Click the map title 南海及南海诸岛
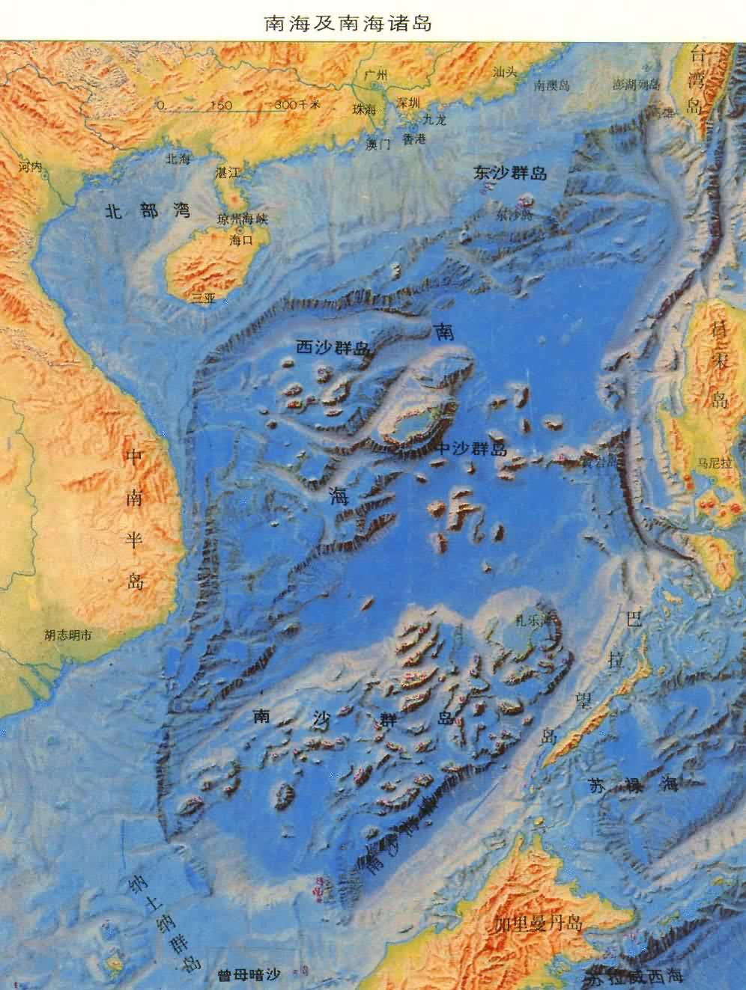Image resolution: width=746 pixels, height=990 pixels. (x=348, y=22)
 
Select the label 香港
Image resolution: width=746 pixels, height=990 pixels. (x=413, y=139)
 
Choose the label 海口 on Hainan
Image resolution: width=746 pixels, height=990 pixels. (x=243, y=241)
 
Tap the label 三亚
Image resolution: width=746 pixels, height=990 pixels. (x=202, y=298)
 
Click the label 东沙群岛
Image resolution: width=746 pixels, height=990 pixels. (x=509, y=174)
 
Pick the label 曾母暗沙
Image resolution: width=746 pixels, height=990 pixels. (x=247, y=975)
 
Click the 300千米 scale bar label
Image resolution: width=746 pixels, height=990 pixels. (x=297, y=104)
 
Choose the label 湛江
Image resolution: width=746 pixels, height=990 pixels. (x=225, y=173)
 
